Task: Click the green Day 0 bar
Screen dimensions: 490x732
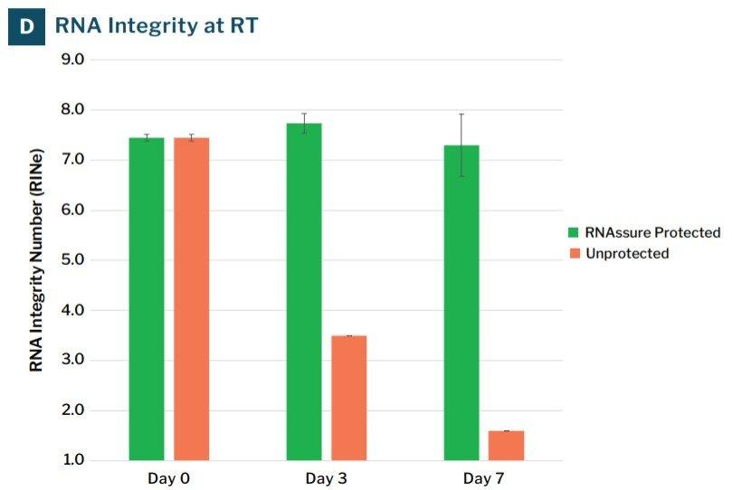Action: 147,298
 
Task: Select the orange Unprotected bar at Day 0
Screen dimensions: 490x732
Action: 191,298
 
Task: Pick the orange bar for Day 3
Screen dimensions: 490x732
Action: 348,398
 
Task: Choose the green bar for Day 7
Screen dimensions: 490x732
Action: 461,303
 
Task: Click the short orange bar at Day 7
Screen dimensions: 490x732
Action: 506,446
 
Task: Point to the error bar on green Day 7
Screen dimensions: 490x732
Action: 461,145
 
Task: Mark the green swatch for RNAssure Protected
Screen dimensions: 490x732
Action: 574,232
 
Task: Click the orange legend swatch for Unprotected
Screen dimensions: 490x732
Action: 574,253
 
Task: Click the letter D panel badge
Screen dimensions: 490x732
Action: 27,26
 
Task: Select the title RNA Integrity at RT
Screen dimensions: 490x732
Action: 156,26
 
